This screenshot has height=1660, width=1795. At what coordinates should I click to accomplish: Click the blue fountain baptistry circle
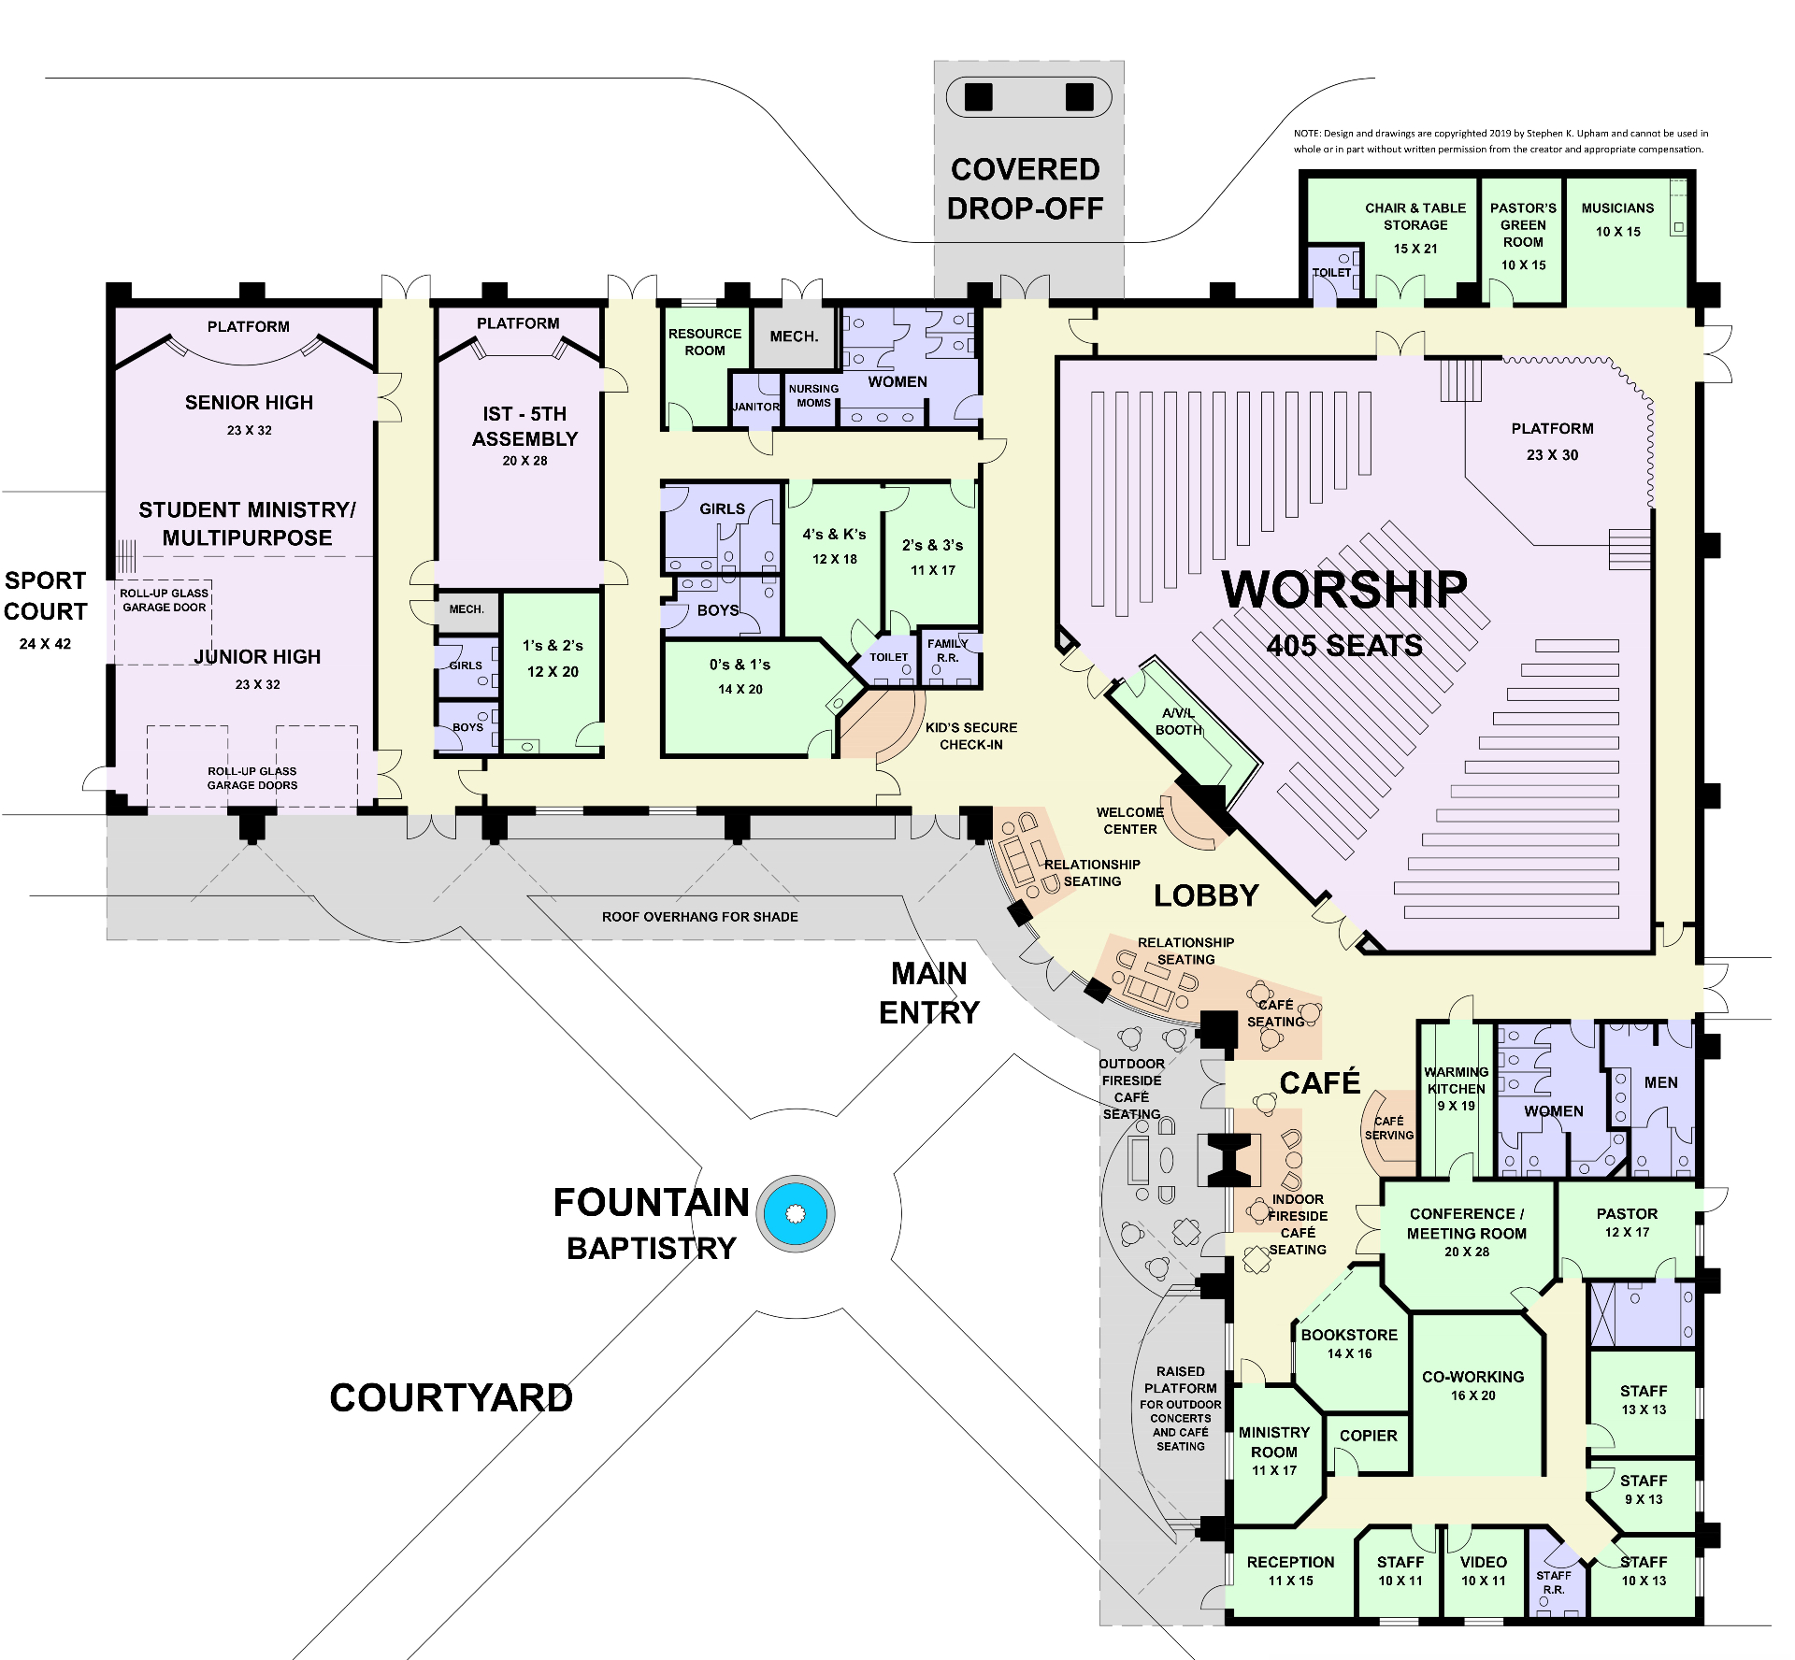(x=796, y=1213)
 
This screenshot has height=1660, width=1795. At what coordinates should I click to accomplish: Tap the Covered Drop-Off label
(x=1026, y=189)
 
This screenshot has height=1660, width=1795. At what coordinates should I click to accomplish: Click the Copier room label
(x=1368, y=1435)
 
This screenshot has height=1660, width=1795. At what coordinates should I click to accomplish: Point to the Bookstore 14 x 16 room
(x=1349, y=1343)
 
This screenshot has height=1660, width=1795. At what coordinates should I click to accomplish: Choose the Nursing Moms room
(x=812, y=396)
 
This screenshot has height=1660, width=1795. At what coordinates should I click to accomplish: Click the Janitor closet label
(x=755, y=407)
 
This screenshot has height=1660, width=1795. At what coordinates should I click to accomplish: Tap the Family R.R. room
(x=947, y=651)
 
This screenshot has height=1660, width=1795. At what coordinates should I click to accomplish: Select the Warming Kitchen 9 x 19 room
(x=1456, y=1089)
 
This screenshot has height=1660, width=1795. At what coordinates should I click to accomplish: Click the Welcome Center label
(x=1129, y=821)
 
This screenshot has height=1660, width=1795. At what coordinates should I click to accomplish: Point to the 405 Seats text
(x=1344, y=646)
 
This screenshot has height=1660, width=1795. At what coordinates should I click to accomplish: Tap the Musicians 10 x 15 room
(x=1617, y=220)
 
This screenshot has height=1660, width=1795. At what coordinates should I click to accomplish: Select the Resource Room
(x=704, y=342)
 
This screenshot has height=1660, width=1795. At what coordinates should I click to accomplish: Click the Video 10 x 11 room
(x=1483, y=1570)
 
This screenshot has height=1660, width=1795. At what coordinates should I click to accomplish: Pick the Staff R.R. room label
(x=1553, y=1581)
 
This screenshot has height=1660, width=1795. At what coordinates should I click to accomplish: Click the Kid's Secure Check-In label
(x=970, y=736)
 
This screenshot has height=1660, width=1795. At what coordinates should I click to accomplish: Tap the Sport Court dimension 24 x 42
(x=45, y=644)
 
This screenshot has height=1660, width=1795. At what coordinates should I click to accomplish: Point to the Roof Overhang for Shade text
(x=699, y=917)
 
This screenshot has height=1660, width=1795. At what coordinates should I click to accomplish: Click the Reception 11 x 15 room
(x=1290, y=1570)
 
